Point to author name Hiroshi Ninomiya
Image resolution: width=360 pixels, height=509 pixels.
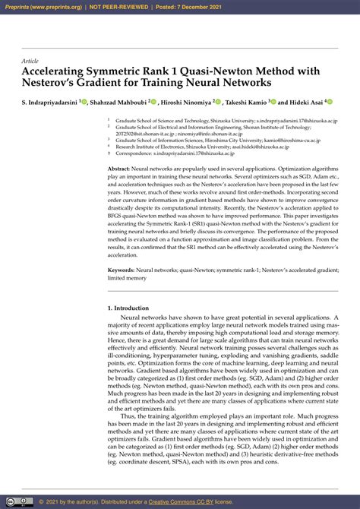[x=185, y=101]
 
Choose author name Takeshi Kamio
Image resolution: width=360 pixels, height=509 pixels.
[x=247, y=101]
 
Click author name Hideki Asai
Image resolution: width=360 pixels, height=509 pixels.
[x=305, y=101]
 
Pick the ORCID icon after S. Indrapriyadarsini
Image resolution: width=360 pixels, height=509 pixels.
[x=84, y=101]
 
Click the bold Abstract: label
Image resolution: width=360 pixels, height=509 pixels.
[x=119, y=169]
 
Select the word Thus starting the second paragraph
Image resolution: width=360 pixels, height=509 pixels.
[x=128, y=416]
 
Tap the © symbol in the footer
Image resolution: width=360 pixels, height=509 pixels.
[x=41, y=501]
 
